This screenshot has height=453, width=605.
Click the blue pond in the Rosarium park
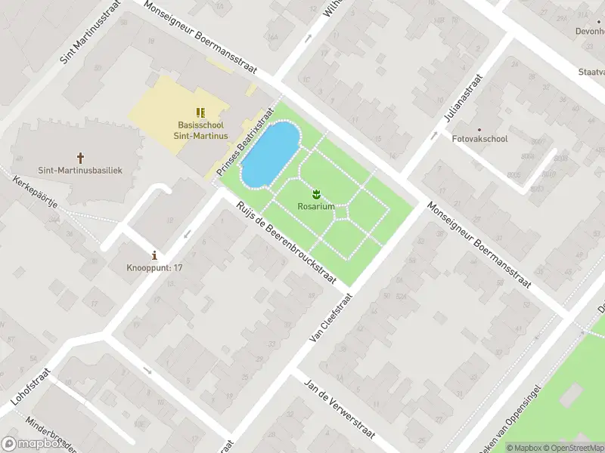coord(268,154)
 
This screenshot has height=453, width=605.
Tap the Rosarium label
coord(316,206)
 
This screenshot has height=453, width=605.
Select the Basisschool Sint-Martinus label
coord(201,130)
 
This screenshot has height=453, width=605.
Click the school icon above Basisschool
coord(201,112)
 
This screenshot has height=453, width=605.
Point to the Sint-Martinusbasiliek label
coord(80,171)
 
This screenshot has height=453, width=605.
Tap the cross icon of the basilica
coord(80,158)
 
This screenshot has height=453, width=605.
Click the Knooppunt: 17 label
coord(154,268)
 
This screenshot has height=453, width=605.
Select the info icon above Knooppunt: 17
coord(154,255)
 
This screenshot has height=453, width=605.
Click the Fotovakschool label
coord(479,139)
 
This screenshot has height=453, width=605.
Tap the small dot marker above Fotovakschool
coord(479,128)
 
